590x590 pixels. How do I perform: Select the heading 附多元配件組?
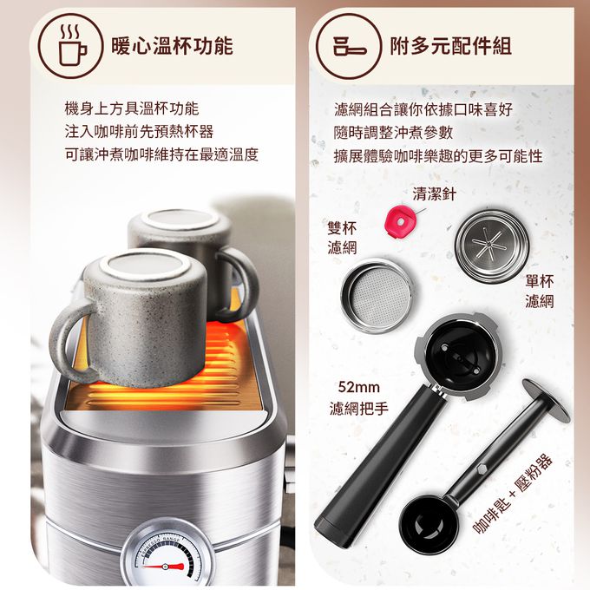[x=450, y=46]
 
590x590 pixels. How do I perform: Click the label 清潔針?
[x=434, y=193]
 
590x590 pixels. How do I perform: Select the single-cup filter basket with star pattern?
[x=491, y=239]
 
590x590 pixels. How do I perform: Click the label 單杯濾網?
[x=539, y=291]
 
